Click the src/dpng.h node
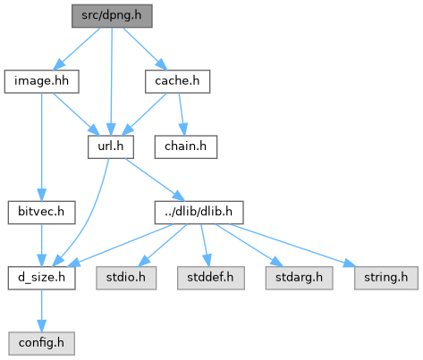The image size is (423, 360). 112,16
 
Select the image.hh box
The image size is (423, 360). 42,81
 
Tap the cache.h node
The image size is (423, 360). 178,81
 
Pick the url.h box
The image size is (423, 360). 111,147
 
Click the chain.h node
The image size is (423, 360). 186,147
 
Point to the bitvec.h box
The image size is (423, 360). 42,213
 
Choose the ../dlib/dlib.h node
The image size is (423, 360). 199,213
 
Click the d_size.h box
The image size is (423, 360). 42,278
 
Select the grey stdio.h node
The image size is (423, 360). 126,278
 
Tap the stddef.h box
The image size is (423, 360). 211,278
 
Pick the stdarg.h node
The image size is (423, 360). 300,278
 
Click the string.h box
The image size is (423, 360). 386,278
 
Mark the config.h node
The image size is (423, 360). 42,343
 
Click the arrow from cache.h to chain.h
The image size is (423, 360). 182,114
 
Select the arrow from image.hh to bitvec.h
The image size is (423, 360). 42,147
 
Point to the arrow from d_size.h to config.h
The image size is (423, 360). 42,311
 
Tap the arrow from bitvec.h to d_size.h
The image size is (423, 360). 42,246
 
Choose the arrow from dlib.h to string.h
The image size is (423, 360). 292,245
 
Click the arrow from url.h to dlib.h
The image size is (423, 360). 155,180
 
